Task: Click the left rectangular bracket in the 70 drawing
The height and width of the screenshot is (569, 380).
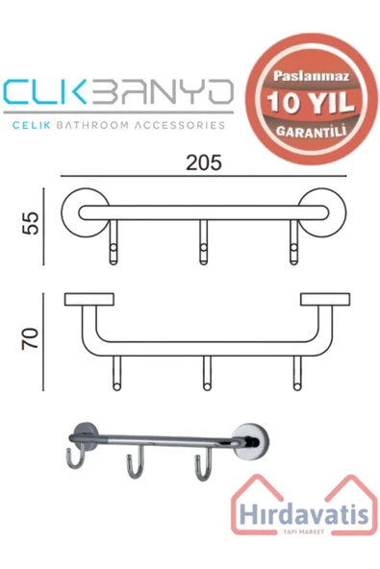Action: click(85, 300)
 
